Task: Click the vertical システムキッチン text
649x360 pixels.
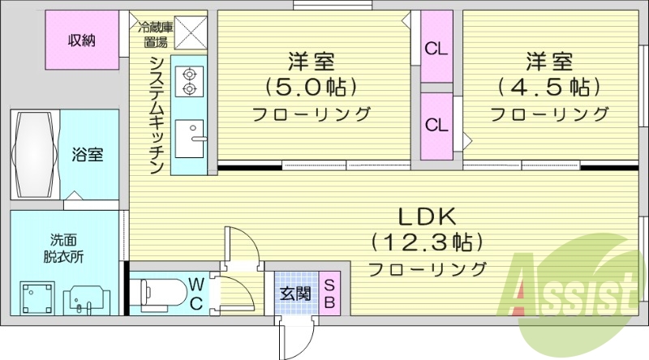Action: click(x=157, y=114)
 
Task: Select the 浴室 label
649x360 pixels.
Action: click(x=88, y=154)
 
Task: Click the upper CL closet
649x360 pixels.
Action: click(x=436, y=48)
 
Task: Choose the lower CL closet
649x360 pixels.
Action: click(x=436, y=125)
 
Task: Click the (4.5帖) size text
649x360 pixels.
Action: click(x=549, y=86)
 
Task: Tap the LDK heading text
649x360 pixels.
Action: click(x=428, y=216)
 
